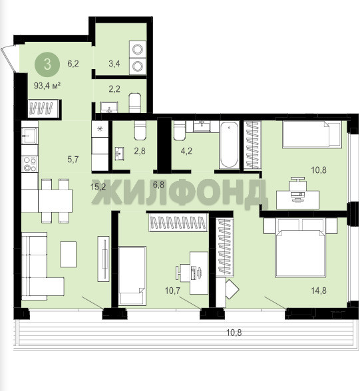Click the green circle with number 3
coord(47,65)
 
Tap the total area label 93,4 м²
coord(47,86)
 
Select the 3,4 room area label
coord(114,64)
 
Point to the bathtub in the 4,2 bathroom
coord(229,145)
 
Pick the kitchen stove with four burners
coord(30,164)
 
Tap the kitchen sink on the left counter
coord(29,136)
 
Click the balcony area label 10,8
coord(234,332)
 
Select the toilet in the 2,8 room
coord(140,130)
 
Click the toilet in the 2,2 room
coord(135,103)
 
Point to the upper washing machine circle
coord(138,49)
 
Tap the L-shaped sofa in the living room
coord(40,267)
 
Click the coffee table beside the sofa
coord(68,254)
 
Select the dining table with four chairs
coord(55,201)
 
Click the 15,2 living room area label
coord(98,187)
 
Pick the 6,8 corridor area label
coord(158,185)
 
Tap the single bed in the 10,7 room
coord(132,276)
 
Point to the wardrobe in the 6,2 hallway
coord(44,108)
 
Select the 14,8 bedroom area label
coord(319,291)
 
